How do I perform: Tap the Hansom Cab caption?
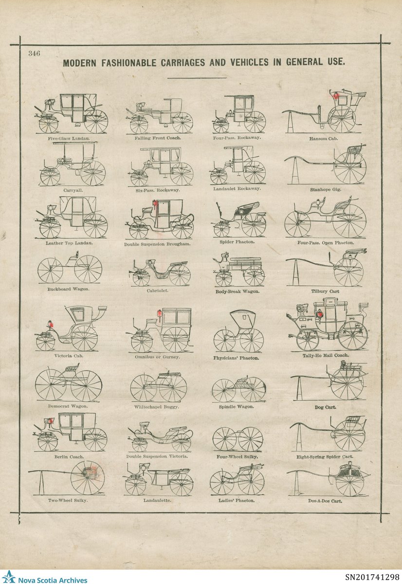point(323,139)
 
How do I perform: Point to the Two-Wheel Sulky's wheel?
point(88,477)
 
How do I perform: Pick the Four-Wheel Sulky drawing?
point(238,439)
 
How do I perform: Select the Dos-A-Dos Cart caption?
point(326,500)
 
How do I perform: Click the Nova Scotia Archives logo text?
point(53,580)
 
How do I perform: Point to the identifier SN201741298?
point(371,578)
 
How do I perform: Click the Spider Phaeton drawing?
point(239,220)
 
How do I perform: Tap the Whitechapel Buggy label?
point(158,406)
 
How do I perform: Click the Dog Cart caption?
point(325,406)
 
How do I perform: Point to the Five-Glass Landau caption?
point(68,138)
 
